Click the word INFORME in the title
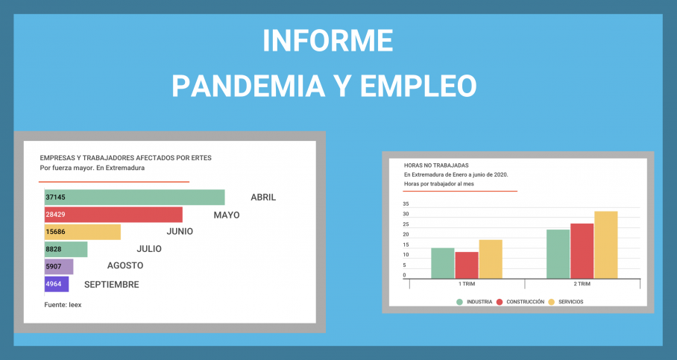(x=328, y=40)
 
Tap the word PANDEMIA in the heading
(x=248, y=86)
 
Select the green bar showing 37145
(x=135, y=198)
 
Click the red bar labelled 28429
(x=113, y=215)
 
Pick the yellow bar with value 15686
(x=83, y=232)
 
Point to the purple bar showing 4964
(x=57, y=284)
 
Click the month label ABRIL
(x=263, y=198)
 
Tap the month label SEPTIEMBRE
(x=111, y=285)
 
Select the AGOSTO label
(x=125, y=265)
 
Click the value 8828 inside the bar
(x=54, y=249)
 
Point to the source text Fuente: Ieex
(x=63, y=305)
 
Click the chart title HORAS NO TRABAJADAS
(x=436, y=165)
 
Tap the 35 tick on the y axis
(x=406, y=203)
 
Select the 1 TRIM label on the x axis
(x=467, y=284)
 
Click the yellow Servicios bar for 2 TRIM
(x=605, y=244)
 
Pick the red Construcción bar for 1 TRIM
(x=467, y=265)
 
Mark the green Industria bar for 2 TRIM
(x=558, y=254)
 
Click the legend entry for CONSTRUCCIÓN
(x=520, y=302)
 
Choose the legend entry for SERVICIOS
(x=566, y=302)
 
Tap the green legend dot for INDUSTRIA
(x=459, y=302)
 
